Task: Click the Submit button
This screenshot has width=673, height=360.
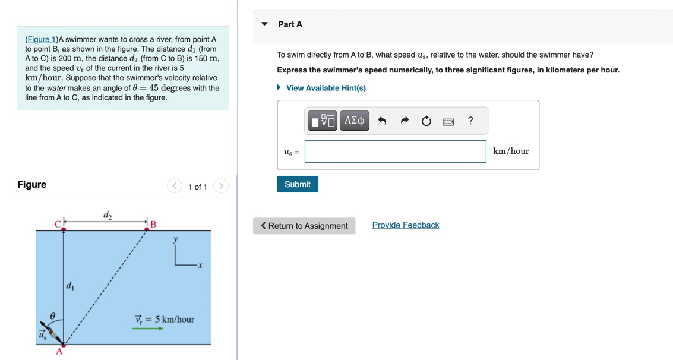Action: (x=298, y=184)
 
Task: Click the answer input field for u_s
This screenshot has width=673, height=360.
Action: (x=395, y=151)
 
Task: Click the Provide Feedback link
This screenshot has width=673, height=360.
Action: (x=406, y=225)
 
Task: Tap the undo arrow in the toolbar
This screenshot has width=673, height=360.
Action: (x=382, y=121)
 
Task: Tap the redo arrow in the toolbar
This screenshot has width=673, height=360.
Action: (x=405, y=121)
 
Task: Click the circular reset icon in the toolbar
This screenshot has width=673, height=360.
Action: (x=426, y=121)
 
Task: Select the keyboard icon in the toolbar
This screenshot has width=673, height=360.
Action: (x=448, y=122)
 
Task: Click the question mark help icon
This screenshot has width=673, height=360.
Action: (x=470, y=121)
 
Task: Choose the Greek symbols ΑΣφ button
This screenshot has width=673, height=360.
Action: (x=355, y=121)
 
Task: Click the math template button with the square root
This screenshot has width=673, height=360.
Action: (x=323, y=121)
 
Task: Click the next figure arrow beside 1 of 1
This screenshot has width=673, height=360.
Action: (x=220, y=186)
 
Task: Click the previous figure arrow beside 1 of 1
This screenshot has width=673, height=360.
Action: (x=175, y=186)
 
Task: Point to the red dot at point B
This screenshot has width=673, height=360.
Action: (x=146, y=229)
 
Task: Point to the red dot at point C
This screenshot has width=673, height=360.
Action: (x=64, y=229)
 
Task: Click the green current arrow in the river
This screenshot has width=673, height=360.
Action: (x=147, y=328)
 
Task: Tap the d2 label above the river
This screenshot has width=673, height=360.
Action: (x=107, y=214)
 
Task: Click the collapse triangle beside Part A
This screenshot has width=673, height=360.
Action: (x=265, y=24)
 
